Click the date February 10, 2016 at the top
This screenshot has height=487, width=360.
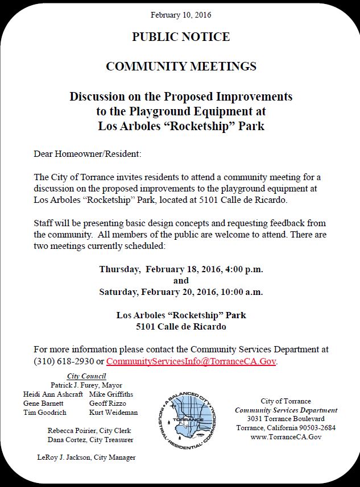[x=181, y=15]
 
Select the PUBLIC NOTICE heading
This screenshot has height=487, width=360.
[x=181, y=38]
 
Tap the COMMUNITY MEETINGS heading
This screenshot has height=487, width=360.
[x=181, y=66]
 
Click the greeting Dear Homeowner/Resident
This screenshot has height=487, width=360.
[x=87, y=154]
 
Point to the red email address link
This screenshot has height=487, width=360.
[x=191, y=361]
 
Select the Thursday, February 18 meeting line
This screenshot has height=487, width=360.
[x=181, y=269]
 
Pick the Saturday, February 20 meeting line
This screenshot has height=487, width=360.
[x=181, y=292]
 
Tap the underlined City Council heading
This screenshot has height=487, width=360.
[x=86, y=376]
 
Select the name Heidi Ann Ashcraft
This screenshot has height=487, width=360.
[x=53, y=394]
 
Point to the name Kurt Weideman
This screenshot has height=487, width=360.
[x=113, y=413]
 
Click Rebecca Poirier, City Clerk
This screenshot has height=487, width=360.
[x=90, y=431]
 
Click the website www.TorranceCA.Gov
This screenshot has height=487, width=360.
[x=286, y=437]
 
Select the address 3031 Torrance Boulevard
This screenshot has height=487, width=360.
[x=286, y=419]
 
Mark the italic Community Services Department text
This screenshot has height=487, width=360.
[x=286, y=410]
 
